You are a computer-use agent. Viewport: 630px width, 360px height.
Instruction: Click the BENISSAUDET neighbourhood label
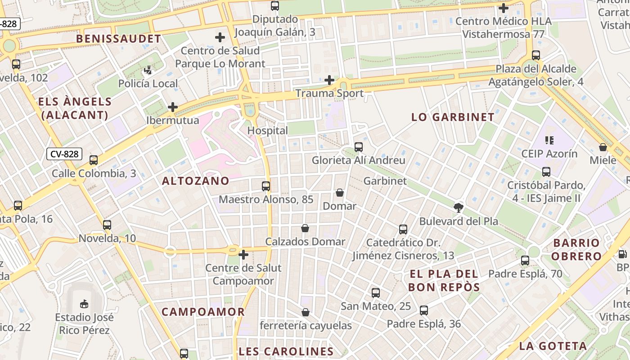coord(118,39)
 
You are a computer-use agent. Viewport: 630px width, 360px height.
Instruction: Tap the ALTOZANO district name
coord(195,181)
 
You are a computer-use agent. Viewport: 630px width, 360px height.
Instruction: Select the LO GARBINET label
coord(453,117)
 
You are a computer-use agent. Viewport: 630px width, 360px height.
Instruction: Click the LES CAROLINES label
coord(286,351)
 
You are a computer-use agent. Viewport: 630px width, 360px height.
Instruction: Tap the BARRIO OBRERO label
coord(576,250)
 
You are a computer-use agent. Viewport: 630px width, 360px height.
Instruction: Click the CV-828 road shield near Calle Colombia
coord(64,154)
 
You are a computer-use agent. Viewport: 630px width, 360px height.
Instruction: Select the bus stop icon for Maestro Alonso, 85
coord(266,186)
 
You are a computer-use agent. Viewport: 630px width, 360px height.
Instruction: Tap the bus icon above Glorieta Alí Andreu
coord(359,147)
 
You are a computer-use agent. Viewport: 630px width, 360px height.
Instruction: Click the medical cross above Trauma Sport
coord(329,81)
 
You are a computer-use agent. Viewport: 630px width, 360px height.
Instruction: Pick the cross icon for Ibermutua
coord(172,108)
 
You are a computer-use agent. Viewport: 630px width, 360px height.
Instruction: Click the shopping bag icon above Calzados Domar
coord(305,229)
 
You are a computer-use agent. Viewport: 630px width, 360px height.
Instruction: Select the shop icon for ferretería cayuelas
coord(306,312)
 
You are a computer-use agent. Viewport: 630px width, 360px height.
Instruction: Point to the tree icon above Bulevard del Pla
coord(459,208)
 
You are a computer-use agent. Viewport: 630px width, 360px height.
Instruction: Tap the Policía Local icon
coord(148,71)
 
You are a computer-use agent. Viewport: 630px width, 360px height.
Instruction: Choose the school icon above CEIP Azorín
coord(549,140)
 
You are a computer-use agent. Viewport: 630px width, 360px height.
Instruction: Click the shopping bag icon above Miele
coord(603,147)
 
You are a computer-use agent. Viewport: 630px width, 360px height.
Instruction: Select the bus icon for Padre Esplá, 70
coord(525,261)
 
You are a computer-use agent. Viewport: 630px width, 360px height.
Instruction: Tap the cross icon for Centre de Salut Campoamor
coord(243,255)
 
